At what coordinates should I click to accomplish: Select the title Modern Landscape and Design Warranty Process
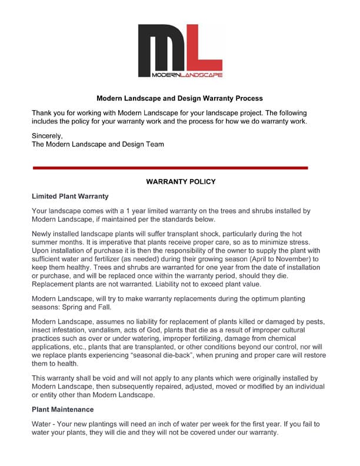pos(179,98)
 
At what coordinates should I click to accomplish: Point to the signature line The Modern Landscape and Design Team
pos(98,144)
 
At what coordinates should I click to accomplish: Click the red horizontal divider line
pos(170,168)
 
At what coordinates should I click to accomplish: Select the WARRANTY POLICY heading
pos(181,182)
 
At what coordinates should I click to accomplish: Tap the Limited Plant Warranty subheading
pos(70,196)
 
